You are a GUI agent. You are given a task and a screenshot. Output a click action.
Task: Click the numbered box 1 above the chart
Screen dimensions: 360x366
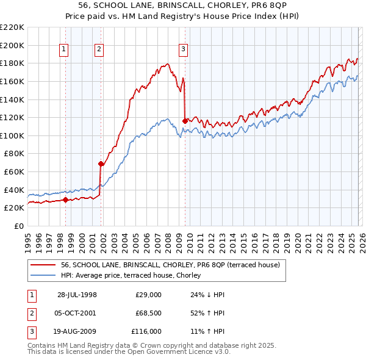point(64,50)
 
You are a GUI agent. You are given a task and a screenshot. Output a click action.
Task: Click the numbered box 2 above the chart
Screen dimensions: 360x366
point(99,50)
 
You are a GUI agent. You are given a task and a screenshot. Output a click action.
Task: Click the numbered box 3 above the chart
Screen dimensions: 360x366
point(183,50)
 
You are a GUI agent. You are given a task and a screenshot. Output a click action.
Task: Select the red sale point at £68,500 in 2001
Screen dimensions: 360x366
point(101,164)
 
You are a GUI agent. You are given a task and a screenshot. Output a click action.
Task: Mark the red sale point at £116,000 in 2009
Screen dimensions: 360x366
point(185,121)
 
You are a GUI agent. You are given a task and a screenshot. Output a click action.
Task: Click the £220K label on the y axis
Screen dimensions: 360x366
point(12,27)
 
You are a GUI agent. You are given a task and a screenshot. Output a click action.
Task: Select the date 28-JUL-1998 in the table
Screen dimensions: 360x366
point(77,295)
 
